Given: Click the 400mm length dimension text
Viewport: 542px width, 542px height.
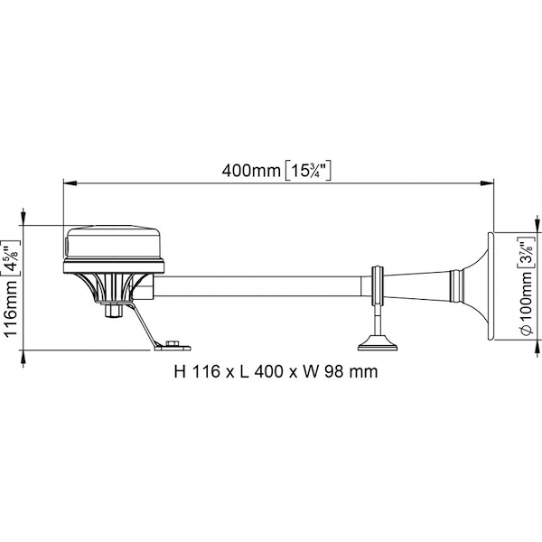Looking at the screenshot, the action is coord(251,171).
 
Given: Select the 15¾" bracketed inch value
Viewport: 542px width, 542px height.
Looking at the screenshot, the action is coord(308,171).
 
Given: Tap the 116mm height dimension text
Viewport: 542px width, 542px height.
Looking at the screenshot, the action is coord(10,308).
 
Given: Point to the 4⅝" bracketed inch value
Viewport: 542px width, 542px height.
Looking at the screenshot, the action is coord(11,257).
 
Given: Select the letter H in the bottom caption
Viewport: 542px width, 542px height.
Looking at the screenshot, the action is coord(180,372).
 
